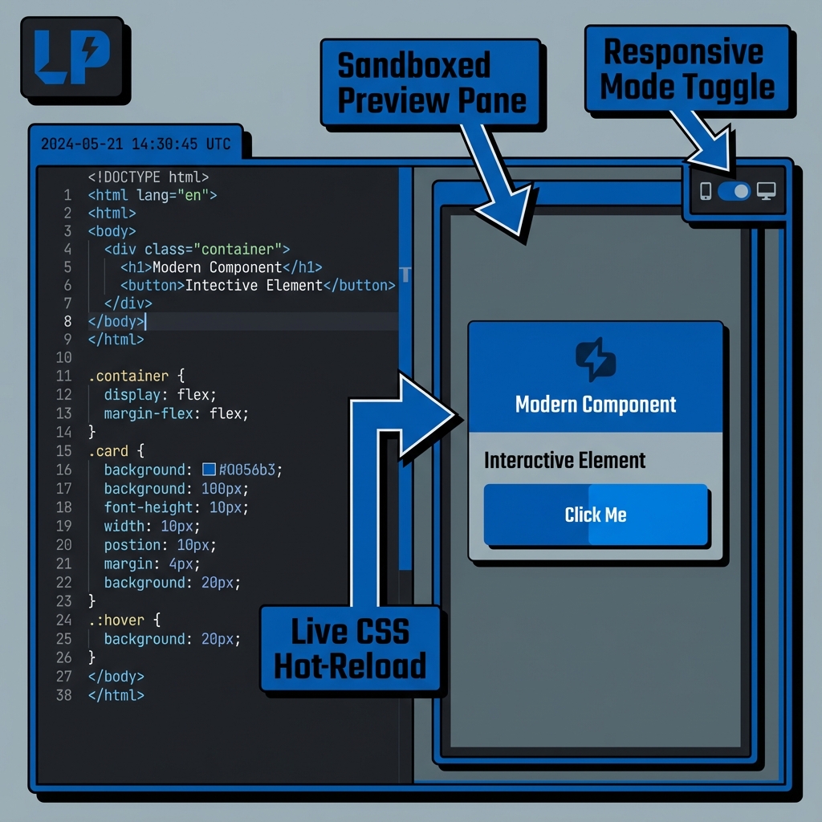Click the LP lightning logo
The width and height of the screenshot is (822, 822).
point(70,59)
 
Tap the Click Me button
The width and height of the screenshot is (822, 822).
point(596,515)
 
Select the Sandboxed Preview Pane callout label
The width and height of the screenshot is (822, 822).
point(432,83)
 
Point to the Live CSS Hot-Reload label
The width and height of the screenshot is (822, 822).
point(350,649)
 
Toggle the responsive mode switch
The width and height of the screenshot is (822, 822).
point(734,191)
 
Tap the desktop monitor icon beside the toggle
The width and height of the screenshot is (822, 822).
point(767,191)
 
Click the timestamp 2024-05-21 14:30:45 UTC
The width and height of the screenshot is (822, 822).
point(135,144)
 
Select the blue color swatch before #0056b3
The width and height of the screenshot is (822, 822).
point(210,470)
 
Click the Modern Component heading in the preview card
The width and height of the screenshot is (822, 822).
point(596,404)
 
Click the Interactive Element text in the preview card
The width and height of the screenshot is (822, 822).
point(565,460)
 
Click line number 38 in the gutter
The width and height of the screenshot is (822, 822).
point(63,695)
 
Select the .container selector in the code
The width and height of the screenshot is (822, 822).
point(128,376)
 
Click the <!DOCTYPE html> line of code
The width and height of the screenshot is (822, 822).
point(149,177)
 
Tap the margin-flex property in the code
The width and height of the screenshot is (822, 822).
point(152,413)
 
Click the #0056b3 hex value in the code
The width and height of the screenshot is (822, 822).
point(250,470)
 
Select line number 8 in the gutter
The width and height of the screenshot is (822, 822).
point(67,321)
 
